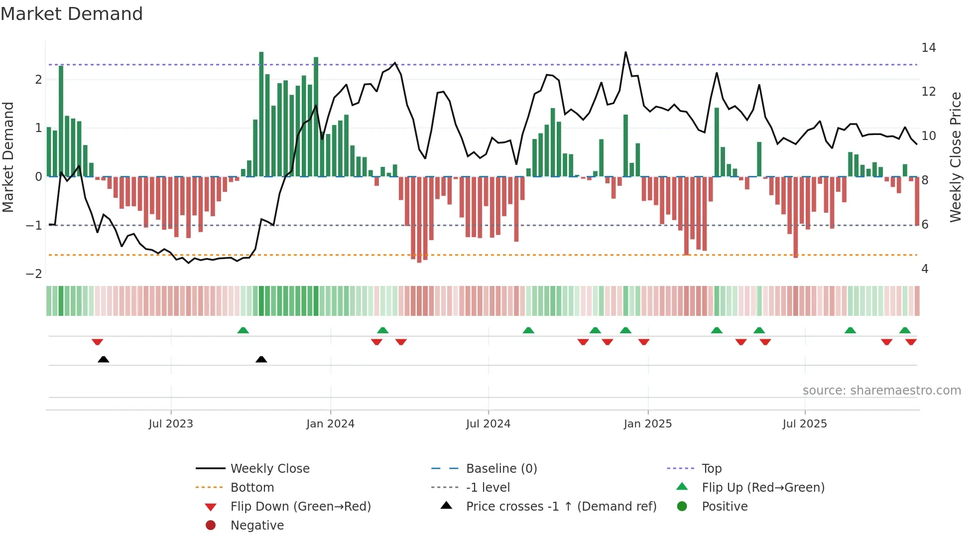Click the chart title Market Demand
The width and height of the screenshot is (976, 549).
[72, 14]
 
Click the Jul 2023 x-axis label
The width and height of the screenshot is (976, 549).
[171, 424]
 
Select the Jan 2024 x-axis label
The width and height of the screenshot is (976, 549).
[330, 424]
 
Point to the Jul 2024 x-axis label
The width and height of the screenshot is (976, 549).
[488, 424]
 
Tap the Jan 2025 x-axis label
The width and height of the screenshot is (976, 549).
[647, 424]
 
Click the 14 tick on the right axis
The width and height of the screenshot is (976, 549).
[928, 48]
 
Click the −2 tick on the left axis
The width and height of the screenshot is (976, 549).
[34, 274]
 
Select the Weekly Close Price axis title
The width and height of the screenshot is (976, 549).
[955, 157]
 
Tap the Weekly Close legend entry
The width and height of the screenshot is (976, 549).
[270, 469]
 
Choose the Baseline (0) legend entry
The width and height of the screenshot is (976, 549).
[501, 469]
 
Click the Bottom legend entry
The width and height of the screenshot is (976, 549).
[252, 488]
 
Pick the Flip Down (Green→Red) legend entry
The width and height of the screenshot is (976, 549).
[300, 507]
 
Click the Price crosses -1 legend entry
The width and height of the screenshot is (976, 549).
[561, 507]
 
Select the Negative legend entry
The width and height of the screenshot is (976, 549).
[257, 526]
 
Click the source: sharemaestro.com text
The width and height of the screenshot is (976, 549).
[881, 391]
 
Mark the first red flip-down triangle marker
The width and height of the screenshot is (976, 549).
[97, 342]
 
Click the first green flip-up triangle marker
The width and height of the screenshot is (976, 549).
[243, 330]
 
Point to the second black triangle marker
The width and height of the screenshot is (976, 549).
[261, 359]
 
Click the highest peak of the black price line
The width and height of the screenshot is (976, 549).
[625, 52]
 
